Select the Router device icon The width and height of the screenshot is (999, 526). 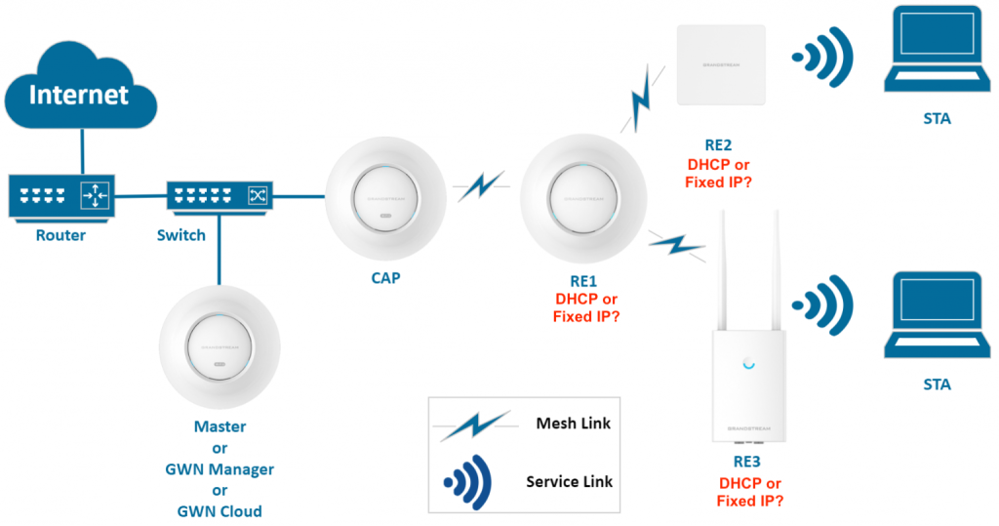click(x=60, y=197)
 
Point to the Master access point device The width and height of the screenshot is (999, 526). click(x=220, y=346)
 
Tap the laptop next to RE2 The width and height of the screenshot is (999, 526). click(x=936, y=58)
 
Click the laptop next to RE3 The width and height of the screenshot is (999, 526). click(x=936, y=318)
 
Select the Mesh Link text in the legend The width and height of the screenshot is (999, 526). click(x=574, y=424)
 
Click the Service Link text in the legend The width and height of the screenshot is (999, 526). click(x=568, y=482)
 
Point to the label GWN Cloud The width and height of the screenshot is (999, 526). click(x=220, y=511)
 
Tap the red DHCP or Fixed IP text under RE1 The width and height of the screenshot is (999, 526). click(x=585, y=307)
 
